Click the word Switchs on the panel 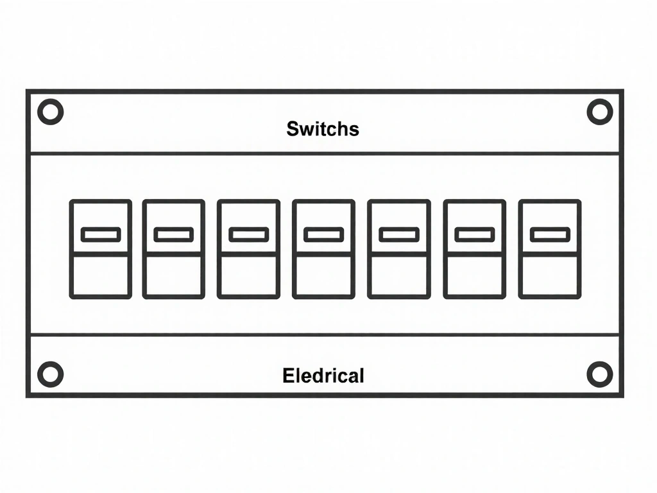point(323,128)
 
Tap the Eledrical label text point(323,376)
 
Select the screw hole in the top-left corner point(50,112)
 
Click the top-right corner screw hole point(600,112)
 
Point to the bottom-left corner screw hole point(50,374)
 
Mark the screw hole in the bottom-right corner point(600,374)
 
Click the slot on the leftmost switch point(101,235)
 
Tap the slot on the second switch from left point(173,235)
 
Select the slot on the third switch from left point(248,235)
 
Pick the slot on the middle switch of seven point(323,235)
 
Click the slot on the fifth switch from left point(398,235)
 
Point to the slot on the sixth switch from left point(474,235)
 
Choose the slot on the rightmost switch point(549,235)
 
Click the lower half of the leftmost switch point(101,276)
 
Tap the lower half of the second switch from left point(173,276)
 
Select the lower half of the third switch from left point(248,276)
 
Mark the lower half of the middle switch point(323,276)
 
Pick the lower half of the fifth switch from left point(398,276)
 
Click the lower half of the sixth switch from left point(474,276)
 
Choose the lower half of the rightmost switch point(549,276)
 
